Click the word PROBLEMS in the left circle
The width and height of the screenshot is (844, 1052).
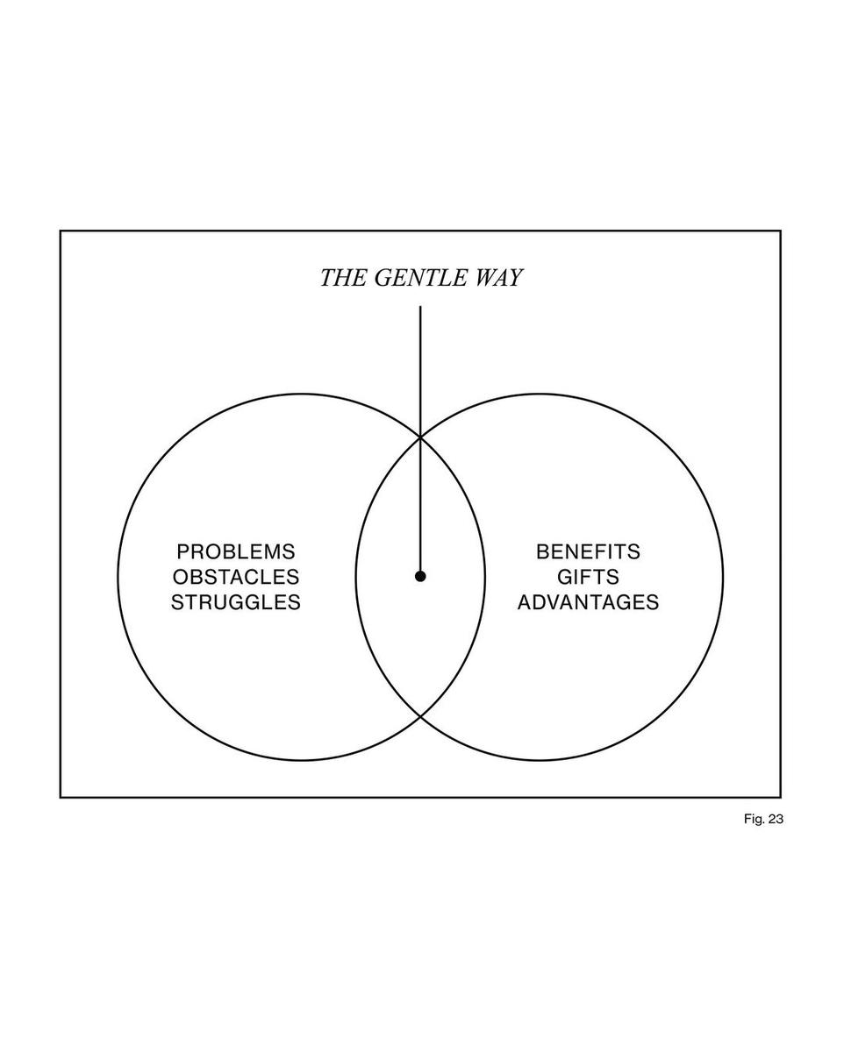(236, 552)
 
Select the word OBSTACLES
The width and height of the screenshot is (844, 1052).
(236, 578)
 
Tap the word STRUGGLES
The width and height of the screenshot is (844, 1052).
(236, 603)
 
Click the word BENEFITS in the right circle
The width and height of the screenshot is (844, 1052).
(588, 552)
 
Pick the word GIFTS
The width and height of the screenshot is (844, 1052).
(588, 578)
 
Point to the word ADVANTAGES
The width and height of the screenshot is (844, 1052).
(588, 603)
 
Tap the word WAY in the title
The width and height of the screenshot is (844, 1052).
(497, 278)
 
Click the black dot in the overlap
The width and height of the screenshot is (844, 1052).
(420, 576)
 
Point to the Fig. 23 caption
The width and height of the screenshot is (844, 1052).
(762, 820)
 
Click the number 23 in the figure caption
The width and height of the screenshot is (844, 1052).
(774, 820)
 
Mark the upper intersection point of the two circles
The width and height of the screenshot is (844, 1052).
(420, 436)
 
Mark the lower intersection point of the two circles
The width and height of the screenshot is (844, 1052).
(420, 717)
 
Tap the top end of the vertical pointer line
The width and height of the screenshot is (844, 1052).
(420, 308)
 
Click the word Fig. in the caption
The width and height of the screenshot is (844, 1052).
(753, 820)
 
